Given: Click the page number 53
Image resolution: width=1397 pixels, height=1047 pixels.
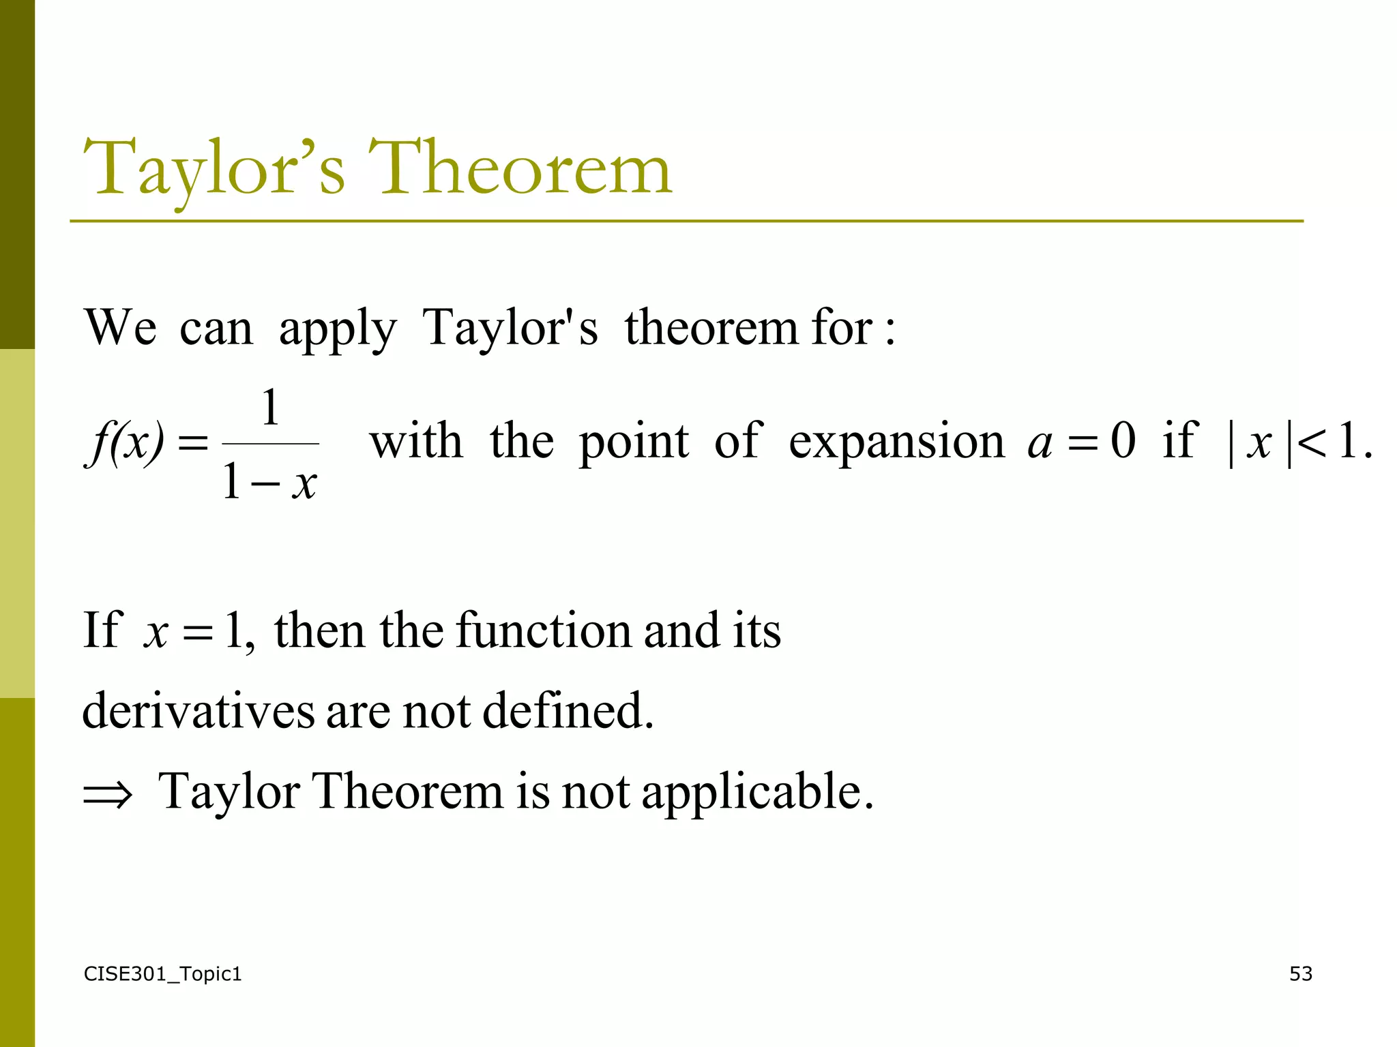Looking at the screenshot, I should pos(1300,973).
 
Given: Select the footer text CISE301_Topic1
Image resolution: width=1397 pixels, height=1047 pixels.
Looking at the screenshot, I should pos(162,973).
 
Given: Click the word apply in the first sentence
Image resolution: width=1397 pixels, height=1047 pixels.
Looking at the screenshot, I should pos(337,329).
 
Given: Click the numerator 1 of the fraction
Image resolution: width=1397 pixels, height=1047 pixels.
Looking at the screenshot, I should pos(271,408).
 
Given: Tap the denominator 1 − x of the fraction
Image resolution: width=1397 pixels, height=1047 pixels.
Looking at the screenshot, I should pos(270,483).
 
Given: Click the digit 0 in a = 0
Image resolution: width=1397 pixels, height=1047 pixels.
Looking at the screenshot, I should pos(1123,440).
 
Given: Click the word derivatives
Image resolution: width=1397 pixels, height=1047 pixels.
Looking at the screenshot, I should pos(198,710).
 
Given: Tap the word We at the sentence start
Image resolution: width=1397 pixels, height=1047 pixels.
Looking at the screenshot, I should pos(120,328).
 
